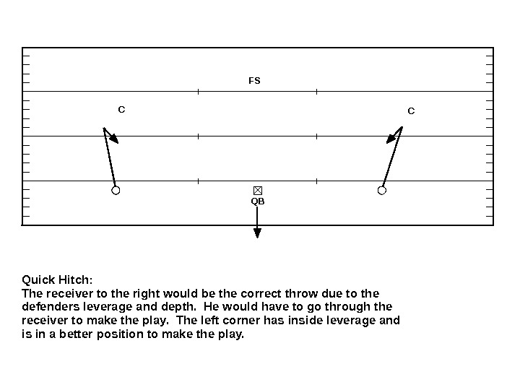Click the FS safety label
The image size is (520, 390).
click(x=254, y=81)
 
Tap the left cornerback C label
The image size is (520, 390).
click(x=121, y=110)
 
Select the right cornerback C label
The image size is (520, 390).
click(x=411, y=111)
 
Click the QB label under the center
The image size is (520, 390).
click(x=258, y=201)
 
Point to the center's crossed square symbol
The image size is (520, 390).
click(x=258, y=190)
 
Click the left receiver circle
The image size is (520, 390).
click(x=115, y=191)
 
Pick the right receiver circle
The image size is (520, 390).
click(x=382, y=191)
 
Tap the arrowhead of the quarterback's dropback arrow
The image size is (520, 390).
click(x=258, y=232)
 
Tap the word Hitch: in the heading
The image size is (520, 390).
click(x=75, y=279)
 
